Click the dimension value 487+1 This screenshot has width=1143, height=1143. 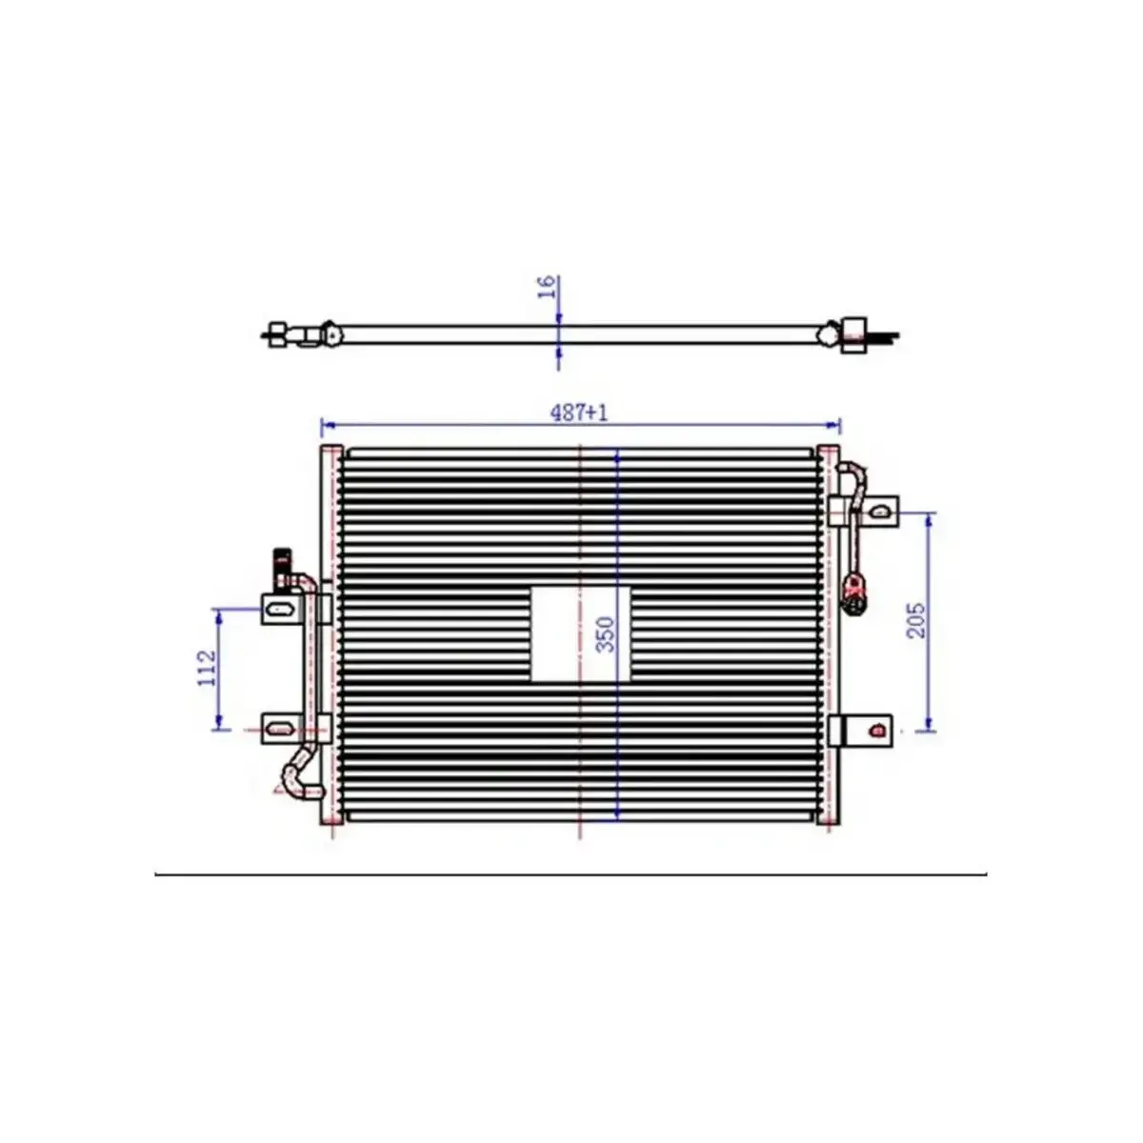coord(579,412)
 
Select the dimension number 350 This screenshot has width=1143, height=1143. coord(606,634)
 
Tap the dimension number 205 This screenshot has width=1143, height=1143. coord(915,620)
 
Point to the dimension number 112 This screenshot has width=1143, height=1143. coord(207,669)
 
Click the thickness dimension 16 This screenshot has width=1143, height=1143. coord(547,287)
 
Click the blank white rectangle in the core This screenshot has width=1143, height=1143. coord(580,634)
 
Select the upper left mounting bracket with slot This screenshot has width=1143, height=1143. coord(281,609)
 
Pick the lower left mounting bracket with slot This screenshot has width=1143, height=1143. coord(281,728)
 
